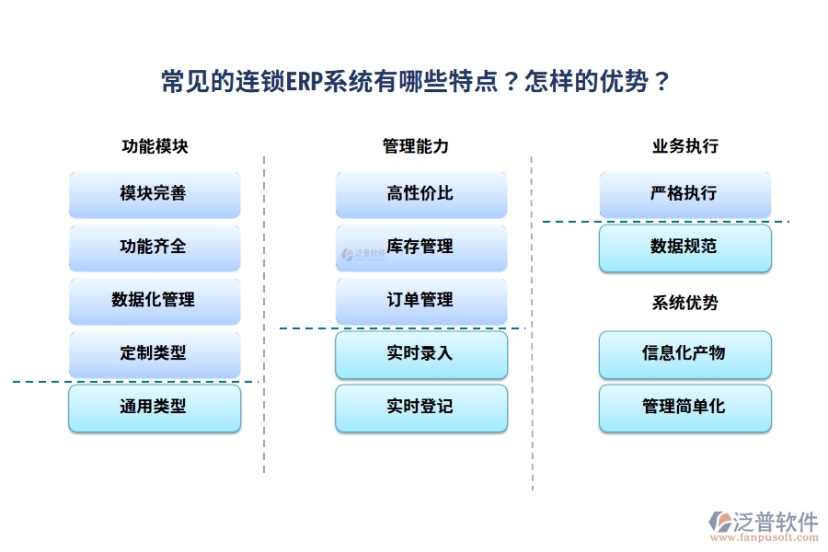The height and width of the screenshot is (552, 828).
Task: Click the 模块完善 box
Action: pos(154,194)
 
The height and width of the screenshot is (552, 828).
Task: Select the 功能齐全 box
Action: pos(154,247)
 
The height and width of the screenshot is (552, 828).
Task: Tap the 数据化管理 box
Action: pos(154,300)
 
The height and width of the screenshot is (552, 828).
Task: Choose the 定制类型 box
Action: pos(154,353)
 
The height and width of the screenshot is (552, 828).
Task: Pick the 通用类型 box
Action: pos(154,408)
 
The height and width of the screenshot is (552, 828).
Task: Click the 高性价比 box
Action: pos(420,194)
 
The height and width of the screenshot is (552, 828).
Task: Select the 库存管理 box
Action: pos(420,247)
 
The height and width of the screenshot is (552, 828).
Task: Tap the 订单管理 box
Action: pos(420,300)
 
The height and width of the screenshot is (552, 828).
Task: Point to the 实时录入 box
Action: pos(420,354)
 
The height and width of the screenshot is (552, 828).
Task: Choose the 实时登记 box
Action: pos(420,408)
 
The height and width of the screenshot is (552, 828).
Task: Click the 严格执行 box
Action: pos(684,194)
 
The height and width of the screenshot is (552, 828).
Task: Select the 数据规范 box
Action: pos(684,247)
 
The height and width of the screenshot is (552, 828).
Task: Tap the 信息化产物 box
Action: pos(684,354)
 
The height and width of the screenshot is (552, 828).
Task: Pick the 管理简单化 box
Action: pos(684,408)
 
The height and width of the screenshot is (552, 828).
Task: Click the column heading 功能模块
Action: pos(155,146)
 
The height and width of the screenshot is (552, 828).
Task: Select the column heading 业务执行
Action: pos(685,146)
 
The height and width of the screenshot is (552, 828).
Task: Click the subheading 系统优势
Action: pos(685,303)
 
